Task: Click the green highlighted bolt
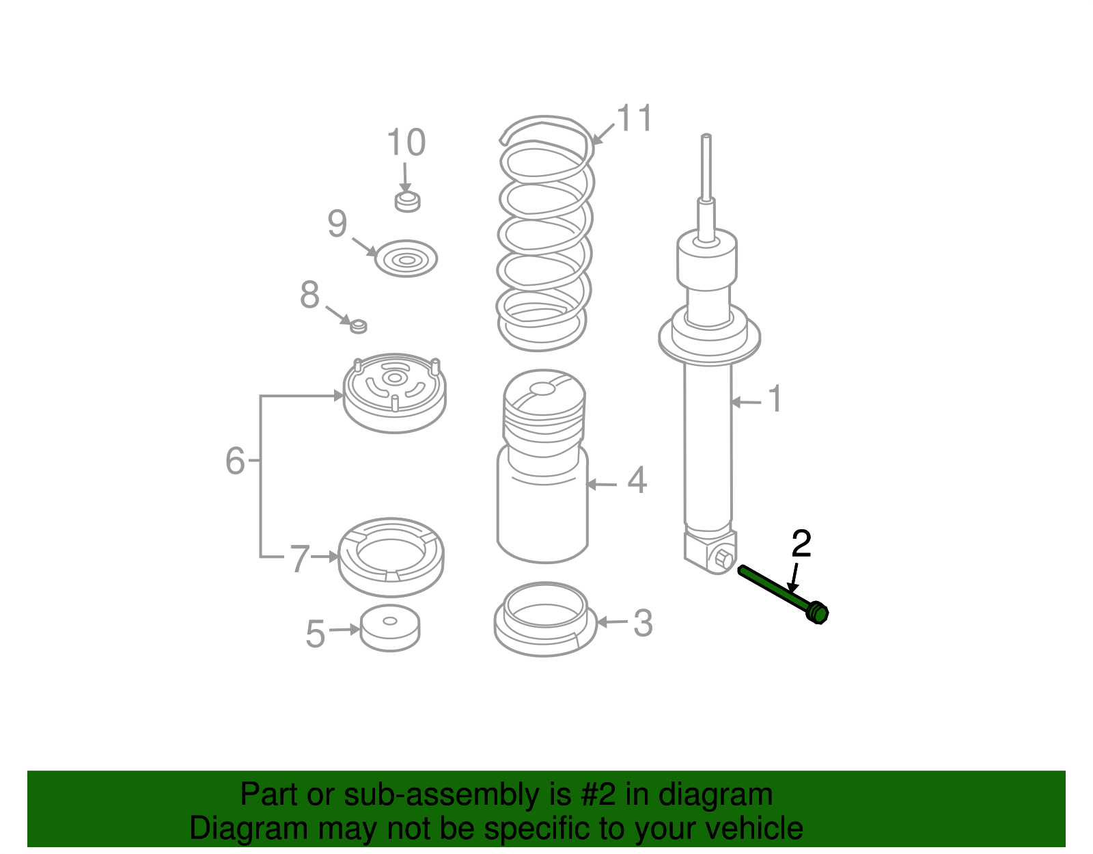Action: [x=783, y=594]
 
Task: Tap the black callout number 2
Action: [x=801, y=544]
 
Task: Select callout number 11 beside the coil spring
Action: [x=635, y=118]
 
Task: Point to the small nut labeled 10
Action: [x=407, y=202]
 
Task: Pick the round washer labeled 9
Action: [x=406, y=258]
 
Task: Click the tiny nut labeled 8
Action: [x=358, y=326]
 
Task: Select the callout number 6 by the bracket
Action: [x=235, y=460]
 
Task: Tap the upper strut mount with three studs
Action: [x=394, y=393]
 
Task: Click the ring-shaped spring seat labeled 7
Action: [x=391, y=557]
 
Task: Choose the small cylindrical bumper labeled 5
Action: [x=390, y=628]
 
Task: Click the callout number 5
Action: [x=316, y=634]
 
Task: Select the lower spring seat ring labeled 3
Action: [x=545, y=619]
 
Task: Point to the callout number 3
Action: [x=643, y=623]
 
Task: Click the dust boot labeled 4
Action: [x=543, y=466]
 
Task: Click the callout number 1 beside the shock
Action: [x=775, y=398]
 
